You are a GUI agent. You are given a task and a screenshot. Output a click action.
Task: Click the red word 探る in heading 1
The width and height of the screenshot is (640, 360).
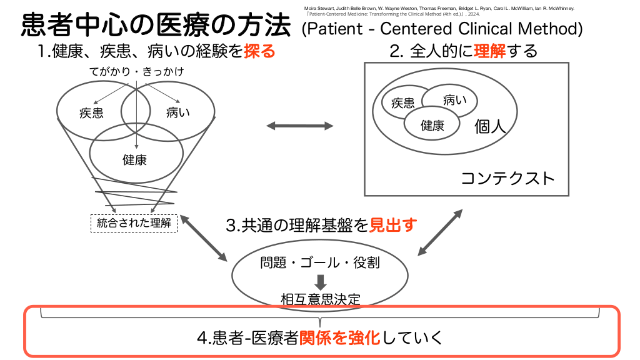coord(259,51)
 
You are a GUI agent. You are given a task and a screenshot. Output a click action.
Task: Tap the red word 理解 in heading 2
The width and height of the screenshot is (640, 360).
coord(490,51)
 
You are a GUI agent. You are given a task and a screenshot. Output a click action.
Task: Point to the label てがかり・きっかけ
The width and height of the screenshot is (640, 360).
coord(136,72)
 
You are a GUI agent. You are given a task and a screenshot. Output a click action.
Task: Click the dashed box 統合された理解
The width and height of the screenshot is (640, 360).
coord(134,222)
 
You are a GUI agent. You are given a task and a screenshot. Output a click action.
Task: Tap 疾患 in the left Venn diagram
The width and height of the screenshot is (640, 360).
coord(91,113)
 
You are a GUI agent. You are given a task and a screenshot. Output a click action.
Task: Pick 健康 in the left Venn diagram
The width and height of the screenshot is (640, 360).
coord(134,159)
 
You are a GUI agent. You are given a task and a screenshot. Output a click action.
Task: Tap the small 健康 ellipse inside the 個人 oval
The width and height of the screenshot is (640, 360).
coord(432,125)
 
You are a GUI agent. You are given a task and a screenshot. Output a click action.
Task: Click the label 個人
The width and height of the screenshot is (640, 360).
coord(490,127)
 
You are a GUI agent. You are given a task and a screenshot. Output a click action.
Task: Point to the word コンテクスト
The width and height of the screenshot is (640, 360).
coord(507,178)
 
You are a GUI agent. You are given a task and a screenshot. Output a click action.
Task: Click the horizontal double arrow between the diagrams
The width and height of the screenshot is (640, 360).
coord(300,126)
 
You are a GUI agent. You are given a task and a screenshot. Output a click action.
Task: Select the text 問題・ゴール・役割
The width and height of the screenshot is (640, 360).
coord(320,262)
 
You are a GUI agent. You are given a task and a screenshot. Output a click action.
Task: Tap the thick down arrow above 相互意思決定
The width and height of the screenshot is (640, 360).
coord(321,282)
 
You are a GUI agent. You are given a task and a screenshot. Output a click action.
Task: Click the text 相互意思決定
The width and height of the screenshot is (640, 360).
coord(321,299)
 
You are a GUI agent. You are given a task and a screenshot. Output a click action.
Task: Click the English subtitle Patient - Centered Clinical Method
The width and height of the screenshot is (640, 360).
coord(442,29)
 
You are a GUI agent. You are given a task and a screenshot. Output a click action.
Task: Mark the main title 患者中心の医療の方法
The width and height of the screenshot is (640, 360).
coord(156,26)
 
